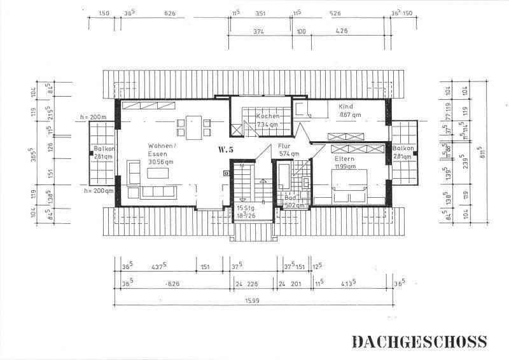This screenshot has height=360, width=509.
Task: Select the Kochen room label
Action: coord(268,116)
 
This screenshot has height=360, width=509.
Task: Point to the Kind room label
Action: coord(345,107)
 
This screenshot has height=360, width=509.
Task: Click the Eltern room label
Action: coord(345,158)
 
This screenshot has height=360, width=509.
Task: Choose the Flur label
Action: coord(284,146)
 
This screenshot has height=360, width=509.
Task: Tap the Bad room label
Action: coord(290,198)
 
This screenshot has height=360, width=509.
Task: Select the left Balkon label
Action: coord(102,149)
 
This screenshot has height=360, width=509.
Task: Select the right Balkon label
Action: coord(403,149)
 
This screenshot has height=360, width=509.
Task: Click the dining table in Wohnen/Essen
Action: coord(193,128)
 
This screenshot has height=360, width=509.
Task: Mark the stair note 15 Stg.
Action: coord(245,208)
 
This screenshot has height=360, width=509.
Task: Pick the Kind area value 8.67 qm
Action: coord(349,115)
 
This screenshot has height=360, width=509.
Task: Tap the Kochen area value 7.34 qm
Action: coord(268,125)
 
